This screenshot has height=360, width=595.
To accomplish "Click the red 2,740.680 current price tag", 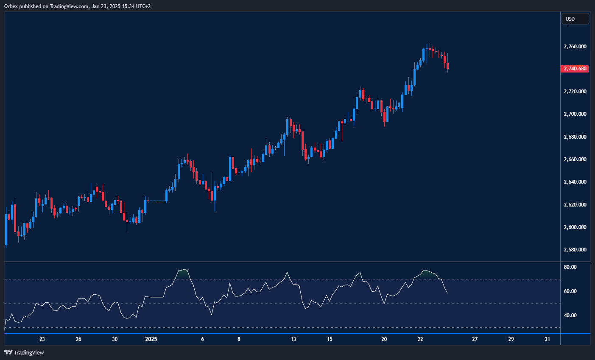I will pyautogui.click(x=575, y=69).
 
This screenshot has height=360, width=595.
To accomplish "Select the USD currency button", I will pyautogui.click(x=575, y=19).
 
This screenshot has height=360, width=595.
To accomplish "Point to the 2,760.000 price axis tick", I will pyautogui.click(x=575, y=46).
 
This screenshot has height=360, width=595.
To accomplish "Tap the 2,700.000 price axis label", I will pyautogui.click(x=575, y=114).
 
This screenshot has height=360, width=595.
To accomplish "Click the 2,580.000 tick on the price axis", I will pyautogui.click(x=575, y=250).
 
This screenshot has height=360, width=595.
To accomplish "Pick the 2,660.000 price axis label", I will pyautogui.click(x=575, y=159).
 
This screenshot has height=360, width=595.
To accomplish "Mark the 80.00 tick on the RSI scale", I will pyautogui.click(x=570, y=267).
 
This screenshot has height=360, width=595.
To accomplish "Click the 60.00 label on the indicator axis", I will pyautogui.click(x=570, y=291).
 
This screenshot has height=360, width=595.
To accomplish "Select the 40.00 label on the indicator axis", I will pyautogui.click(x=570, y=315).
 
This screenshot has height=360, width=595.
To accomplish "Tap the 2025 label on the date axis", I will pyautogui.click(x=151, y=339).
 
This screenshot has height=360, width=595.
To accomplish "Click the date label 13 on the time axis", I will pyautogui.click(x=293, y=339).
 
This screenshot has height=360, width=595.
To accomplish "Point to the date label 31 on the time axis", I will pyautogui.click(x=548, y=339).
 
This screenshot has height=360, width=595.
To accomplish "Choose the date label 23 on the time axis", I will pyautogui.click(x=42, y=339).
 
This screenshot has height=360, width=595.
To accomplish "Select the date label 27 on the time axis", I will pyautogui.click(x=475, y=339).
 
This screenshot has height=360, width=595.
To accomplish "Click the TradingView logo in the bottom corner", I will pyautogui.click(x=24, y=352).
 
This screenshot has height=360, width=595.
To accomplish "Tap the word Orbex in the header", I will pyautogui.click(x=11, y=6).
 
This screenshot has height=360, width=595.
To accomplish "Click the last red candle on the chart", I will pyautogui.click(x=447, y=66).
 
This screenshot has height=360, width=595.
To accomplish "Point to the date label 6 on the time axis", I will pyautogui.click(x=203, y=339).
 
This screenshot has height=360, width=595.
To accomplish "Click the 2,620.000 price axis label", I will pyautogui.click(x=575, y=205).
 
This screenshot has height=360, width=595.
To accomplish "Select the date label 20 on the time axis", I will pyautogui.click(x=384, y=339).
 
